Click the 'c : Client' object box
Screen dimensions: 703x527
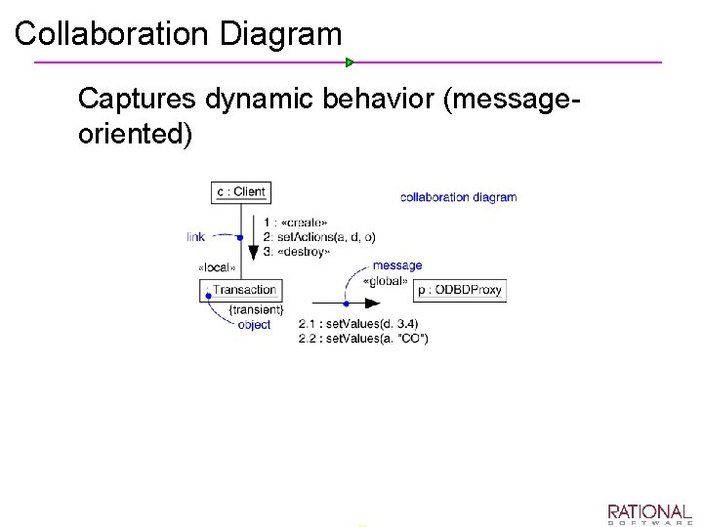240,191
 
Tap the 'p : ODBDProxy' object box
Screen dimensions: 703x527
461,290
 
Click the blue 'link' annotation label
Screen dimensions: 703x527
196,237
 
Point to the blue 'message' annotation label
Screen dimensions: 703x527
397,265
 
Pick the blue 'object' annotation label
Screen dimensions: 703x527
254,325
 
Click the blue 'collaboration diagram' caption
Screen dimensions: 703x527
458,197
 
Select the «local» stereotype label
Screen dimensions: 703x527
217,268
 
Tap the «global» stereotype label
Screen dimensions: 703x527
386,281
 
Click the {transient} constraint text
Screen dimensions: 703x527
256,310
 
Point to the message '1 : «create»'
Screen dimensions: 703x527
295,223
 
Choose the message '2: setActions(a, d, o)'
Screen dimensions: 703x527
319,237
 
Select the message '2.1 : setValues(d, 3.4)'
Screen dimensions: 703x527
358,324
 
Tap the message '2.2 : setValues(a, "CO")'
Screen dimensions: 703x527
363,338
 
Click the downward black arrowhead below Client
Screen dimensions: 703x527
254,252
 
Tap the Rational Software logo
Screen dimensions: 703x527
649,514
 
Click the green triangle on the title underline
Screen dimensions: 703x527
350,62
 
